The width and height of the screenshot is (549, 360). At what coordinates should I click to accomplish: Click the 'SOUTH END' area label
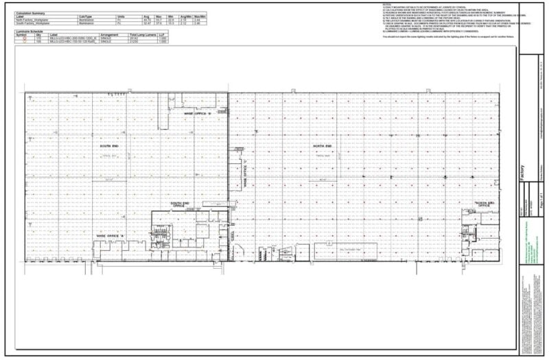[109, 147]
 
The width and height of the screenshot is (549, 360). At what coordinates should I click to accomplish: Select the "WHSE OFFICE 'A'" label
[110, 236]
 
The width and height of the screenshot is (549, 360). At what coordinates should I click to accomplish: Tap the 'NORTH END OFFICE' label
[485, 204]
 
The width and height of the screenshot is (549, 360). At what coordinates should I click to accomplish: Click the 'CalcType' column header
[86, 16]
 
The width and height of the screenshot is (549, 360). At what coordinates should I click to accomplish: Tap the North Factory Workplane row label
[42, 20]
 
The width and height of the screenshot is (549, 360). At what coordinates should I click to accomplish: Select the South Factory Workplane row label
[42, 23]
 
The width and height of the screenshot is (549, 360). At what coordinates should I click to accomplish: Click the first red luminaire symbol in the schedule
[25, 38]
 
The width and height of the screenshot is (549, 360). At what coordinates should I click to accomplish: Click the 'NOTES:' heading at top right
[388, 5]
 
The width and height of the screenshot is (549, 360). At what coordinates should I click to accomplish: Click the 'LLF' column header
[163, 34]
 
